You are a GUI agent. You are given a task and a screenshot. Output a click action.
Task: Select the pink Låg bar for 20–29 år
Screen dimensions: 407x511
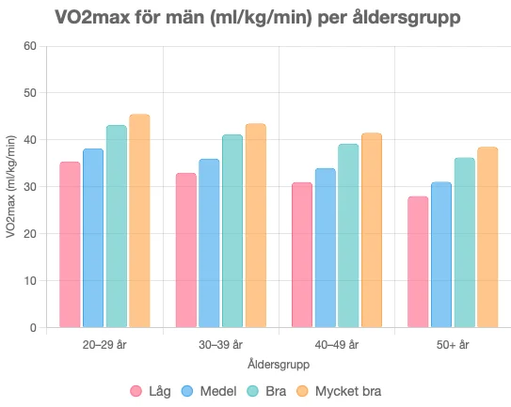(x=70, y=244)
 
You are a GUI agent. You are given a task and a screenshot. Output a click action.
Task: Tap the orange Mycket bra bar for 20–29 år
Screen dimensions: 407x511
(x=139, y=221)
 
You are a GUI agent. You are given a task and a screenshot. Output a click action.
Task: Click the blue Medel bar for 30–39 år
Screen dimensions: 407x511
(x=209, y=243)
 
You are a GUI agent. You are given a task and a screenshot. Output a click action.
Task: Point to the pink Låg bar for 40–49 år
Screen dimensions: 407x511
(x=302, y=255)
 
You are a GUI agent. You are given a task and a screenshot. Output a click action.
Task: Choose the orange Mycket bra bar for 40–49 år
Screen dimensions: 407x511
(x=372, y=230)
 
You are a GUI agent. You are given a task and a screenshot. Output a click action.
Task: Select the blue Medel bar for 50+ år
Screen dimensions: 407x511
(x=441, y=255)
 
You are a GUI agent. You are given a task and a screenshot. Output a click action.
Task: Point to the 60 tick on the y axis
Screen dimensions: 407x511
(x=29, y=46)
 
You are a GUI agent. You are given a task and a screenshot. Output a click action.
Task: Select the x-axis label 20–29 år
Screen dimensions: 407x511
(x=104, y=345)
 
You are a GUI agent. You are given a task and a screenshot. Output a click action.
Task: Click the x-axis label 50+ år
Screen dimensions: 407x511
(x=453, y=345)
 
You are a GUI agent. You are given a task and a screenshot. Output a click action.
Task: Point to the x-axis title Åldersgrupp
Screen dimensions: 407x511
(x=279, y=364)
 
